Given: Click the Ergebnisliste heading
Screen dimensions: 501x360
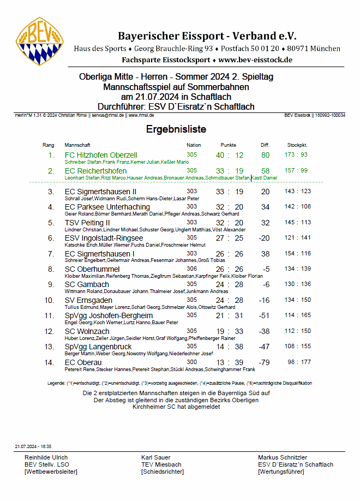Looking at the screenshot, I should pos(176,129).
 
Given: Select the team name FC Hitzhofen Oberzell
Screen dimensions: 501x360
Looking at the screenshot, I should pos(101,156).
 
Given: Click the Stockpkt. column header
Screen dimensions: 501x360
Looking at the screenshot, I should pos(297,145).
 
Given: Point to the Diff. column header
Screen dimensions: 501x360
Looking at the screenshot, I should pos(265,145).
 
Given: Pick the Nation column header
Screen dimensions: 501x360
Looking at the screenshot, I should pos(194,145).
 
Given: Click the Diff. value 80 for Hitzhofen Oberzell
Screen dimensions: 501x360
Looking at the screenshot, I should pos(266,156).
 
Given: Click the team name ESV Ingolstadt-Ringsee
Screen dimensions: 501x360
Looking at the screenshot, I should pos(104,238).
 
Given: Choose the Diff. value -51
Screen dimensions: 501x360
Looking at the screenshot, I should pos(265,316).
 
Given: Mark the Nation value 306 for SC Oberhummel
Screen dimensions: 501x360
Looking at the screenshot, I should pos(192,269).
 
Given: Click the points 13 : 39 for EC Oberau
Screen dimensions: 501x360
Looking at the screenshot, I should pos(229,363).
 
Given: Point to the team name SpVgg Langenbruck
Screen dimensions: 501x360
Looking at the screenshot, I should pos(98,347).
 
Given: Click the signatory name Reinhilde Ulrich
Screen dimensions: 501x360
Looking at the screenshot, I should pos(46,457).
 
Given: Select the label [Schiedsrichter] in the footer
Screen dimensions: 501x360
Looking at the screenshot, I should pos(163,472).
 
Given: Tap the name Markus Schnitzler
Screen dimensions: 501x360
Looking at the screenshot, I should pos(283,457).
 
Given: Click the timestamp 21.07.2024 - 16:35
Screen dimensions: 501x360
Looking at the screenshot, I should pos(33,446).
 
